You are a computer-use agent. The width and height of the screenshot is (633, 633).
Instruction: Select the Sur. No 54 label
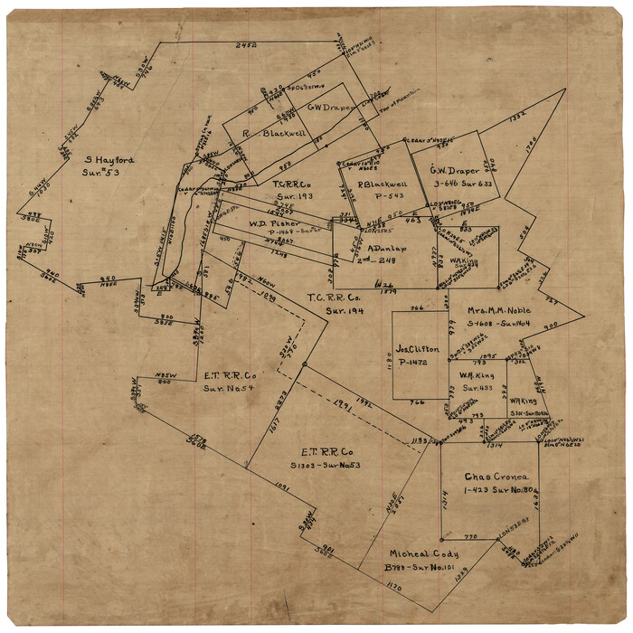[x=229, y=388]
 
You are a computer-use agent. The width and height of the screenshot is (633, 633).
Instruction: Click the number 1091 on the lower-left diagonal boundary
[x=279, y=487]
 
